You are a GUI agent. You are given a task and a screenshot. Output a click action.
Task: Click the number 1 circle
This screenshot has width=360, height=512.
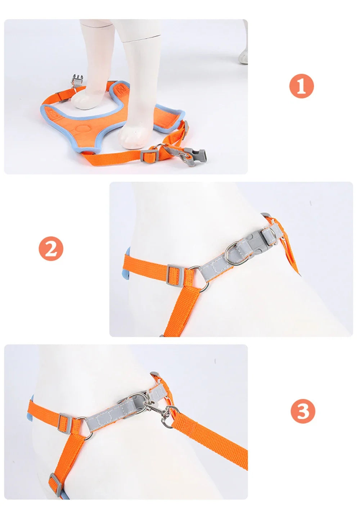coord(302,86)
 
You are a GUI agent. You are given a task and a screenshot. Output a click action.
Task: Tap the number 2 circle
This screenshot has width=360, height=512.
coord(51,249)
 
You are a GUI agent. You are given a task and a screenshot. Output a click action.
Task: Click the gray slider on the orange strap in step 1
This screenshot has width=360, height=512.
coord(149,155)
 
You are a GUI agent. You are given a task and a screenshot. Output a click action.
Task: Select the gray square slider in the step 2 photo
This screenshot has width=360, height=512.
coord(175,274)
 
